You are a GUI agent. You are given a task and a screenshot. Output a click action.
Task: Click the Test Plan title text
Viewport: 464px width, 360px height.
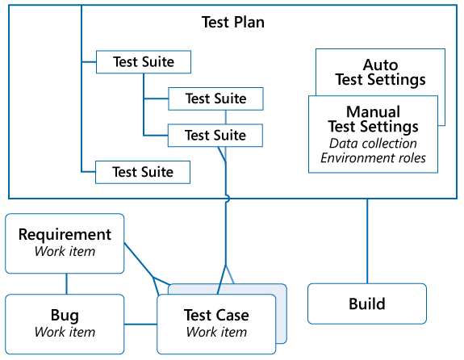(x=232, y=22)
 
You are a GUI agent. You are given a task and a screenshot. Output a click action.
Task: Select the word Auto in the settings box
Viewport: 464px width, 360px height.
(x=380, y=65)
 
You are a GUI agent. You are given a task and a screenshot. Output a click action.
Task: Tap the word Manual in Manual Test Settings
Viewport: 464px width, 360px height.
(x=373, y=111)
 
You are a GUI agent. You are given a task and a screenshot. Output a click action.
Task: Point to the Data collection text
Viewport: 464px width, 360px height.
(x=373, y=143)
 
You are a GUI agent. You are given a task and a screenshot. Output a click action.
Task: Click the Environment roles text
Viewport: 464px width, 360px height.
(x=373, y=157)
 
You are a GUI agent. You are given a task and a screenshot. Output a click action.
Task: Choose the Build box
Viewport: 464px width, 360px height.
(x=367, y=303)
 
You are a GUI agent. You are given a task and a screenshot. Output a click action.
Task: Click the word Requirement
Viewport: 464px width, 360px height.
(x=65, y=235)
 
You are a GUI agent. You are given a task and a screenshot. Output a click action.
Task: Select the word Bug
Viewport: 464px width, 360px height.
(x=65, y=316)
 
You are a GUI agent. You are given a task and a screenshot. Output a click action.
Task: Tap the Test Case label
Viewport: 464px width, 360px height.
(x=216, y=316)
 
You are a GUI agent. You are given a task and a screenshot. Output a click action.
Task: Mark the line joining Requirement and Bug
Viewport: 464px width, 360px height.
(x=66, y=283)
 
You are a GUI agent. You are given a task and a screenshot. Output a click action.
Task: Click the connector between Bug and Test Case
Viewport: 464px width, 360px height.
(x=140, y=324)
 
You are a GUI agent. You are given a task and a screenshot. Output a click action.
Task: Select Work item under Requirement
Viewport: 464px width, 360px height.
(x=65, y=251)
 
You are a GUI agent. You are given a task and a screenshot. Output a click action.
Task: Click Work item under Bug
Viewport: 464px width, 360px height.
(x=65, y=332)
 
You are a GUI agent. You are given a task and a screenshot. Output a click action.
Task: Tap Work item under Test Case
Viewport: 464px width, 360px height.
(x=216, y=332)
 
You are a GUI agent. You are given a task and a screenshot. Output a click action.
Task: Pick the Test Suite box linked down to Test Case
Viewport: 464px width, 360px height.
(x=215, y=135)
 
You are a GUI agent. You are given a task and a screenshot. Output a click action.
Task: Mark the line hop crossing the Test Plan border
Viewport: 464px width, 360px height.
(x=227, y=199)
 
